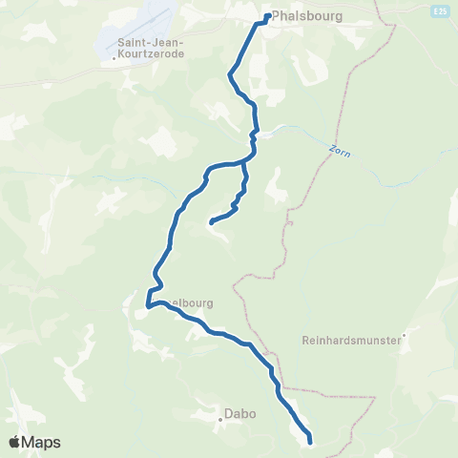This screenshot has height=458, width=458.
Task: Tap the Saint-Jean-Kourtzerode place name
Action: (x=152, y=49)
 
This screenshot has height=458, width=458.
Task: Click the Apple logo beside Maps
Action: (x=15, y=442)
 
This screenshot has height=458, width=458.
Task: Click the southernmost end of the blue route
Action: (x=311, y=442)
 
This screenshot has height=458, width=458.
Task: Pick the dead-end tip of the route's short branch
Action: (x=211, y=222)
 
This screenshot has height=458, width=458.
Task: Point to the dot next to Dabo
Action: (x=219, y=415)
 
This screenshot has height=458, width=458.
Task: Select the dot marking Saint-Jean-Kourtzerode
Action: (x=114, y=55)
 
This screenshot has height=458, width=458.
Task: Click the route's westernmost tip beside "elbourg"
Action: (x=147, y=307)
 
